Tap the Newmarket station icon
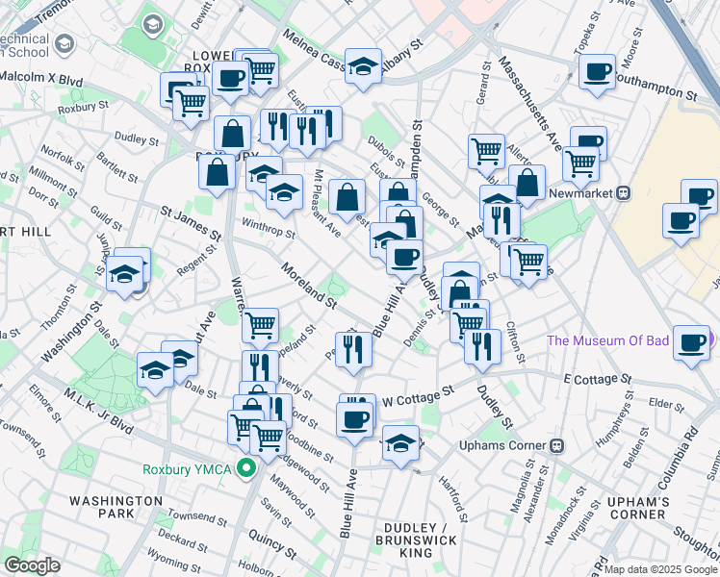[x=624, y=192]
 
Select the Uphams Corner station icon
[x=556, y=447]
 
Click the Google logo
[x=32, y=565]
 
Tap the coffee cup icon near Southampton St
[x=597, y=71]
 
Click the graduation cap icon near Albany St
[x=363, y=66]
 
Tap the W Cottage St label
[x=418, y=395]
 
